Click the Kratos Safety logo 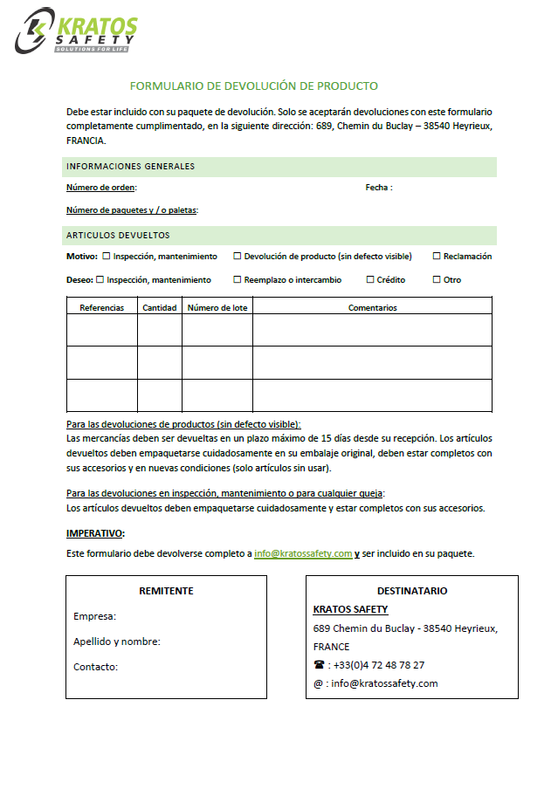point(76,31)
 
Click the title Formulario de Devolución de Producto point(253,86)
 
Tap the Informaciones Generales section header point(130,167)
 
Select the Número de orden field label point(101,188)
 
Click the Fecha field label point(378,188)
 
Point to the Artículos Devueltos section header point(118,236)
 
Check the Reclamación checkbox point(437,257)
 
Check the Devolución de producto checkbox point(238,257)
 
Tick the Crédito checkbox point(370,280)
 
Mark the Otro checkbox point(437,280)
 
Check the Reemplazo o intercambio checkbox point(238,280)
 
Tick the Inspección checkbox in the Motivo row point(107,257)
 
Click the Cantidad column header point(160,307)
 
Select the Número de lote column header point(217,307)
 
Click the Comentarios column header point(372,307)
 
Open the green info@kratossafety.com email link point(303,553)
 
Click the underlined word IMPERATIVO point(95,533)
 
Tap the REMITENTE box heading point(166,591)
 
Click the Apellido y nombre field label point(117,641)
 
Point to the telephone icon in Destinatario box point(319,665)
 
